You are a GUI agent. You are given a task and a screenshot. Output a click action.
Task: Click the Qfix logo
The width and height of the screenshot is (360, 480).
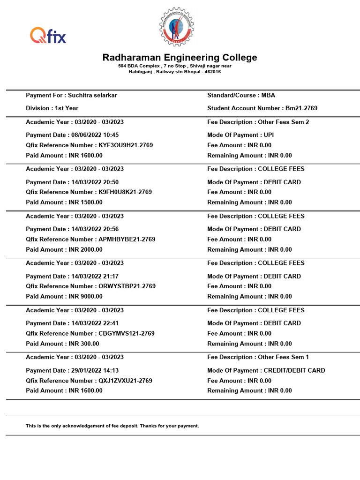[x=48, y=36]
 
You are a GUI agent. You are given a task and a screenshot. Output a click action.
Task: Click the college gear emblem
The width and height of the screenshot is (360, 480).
[x=177, y=27]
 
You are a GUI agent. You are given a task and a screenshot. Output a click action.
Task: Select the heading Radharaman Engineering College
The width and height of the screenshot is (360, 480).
[x=180, y=58]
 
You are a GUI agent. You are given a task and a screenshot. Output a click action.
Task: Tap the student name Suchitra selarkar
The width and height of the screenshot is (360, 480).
[x=92, y=95]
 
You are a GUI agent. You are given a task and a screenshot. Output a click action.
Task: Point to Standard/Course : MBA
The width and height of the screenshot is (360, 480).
[x=241, y=95]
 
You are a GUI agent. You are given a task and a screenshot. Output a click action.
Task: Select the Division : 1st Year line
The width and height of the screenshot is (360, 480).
[x=52, y=108]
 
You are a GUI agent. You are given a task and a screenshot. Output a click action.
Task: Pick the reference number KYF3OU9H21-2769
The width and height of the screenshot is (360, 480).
[x=126, y=145]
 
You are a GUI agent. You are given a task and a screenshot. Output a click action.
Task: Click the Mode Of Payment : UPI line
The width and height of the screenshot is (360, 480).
[x=240, y=135]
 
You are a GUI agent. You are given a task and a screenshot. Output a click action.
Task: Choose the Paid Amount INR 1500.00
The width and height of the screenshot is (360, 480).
[x=85, y=202]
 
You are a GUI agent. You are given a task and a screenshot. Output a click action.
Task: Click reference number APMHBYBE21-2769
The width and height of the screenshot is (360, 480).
[x=127, y=240]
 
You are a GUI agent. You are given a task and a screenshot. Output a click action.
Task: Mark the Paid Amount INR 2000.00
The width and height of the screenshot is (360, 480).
[x=85, y=250]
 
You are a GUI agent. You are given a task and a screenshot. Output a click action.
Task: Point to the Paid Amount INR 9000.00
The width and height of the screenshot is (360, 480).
[x=85, y=297]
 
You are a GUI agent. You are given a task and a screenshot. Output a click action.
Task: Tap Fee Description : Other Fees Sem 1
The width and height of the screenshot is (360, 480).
[x=258, y=357]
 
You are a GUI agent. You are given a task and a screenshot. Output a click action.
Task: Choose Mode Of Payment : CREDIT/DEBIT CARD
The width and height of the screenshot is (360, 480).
[x=266, y=371]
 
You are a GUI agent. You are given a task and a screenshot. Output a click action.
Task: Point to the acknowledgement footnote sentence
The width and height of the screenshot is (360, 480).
[x=112, y=426]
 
